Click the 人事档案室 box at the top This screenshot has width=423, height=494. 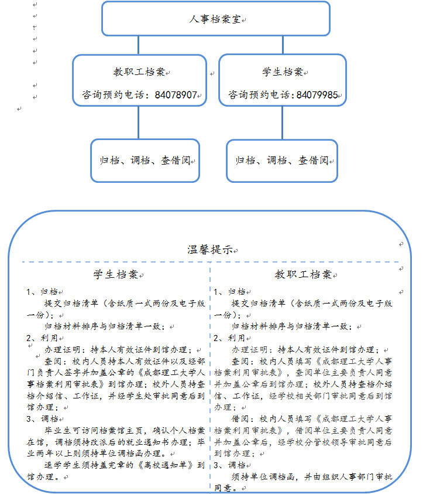[x=216, y=19]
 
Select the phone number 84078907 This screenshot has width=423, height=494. [x=176, y=94]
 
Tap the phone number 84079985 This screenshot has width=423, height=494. [x=317, y=94]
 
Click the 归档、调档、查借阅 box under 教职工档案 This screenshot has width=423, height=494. [x=145, y=161]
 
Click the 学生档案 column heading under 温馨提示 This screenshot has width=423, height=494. [x=115, y=274]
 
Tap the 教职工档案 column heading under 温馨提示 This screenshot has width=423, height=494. [x=303, y=274]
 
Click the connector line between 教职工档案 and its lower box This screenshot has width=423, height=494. [x=139, y=122]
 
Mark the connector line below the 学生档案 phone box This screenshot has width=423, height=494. [x=283, y=122]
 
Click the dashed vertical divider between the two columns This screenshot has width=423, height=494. [x=210, y=375]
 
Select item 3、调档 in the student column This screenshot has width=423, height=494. [x=42, y=419]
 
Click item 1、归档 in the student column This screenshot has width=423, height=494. [x=42, y=292]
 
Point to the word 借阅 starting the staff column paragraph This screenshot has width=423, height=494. [x=242, y=419]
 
